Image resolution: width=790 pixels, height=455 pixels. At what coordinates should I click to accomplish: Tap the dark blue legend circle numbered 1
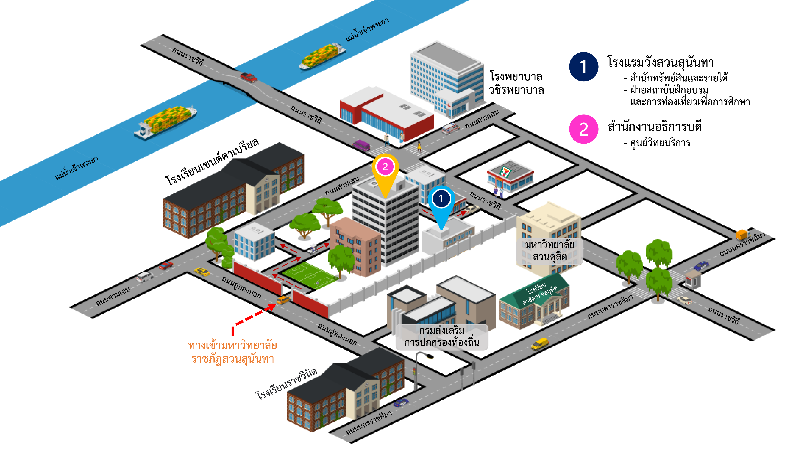(583, 66)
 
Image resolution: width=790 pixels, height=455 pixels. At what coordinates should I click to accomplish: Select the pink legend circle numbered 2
(583, 129)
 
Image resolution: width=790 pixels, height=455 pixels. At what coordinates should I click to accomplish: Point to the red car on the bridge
(248, 77)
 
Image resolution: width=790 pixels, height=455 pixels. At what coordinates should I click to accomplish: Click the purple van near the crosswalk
(361, 145)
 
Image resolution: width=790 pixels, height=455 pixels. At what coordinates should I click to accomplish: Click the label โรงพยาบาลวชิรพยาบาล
(516, 83)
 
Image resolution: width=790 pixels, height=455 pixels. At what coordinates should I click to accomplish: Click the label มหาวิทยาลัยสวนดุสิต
(549, 250)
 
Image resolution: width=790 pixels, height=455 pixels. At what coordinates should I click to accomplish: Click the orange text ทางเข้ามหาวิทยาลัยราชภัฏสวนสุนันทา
(233, 352)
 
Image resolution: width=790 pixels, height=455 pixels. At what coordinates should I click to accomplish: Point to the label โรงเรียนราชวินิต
(286, 384)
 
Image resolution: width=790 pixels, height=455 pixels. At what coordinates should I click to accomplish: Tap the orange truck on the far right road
(742, 234)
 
